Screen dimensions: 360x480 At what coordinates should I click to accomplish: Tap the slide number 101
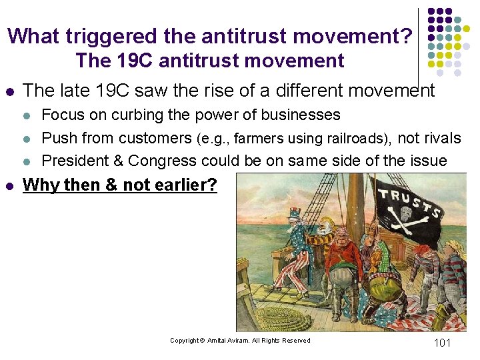click(x=442, y=343)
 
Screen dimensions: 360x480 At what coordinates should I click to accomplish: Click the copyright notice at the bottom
click(x=240, y=341)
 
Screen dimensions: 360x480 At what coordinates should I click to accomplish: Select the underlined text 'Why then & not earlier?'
click(x=120, y=185)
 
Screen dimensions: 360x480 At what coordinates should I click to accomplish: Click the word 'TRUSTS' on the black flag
click(x=409, y=202)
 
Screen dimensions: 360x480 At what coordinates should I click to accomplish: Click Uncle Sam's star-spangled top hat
click(x=295, y=215)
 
